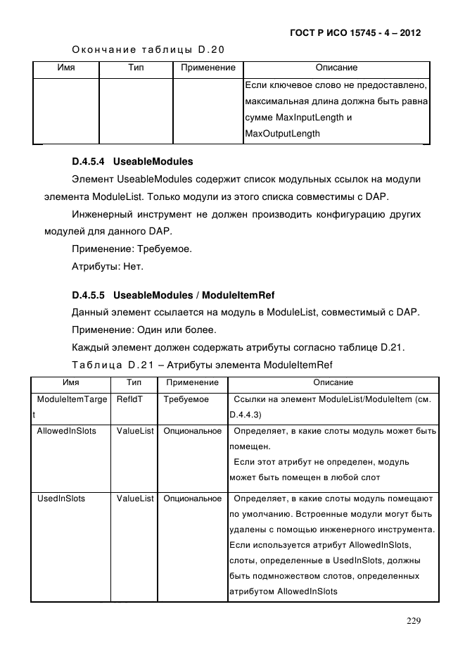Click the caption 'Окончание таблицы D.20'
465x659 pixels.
148,49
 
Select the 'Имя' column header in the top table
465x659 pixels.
65,68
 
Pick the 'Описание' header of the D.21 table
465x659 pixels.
333,382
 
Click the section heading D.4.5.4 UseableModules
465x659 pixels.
132,161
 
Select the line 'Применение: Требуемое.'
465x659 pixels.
131,249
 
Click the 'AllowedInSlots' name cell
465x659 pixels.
66,430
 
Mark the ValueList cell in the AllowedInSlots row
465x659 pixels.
135,430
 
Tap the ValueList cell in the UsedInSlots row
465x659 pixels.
135,498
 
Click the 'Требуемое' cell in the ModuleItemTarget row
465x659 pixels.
186,399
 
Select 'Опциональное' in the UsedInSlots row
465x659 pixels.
192,498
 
